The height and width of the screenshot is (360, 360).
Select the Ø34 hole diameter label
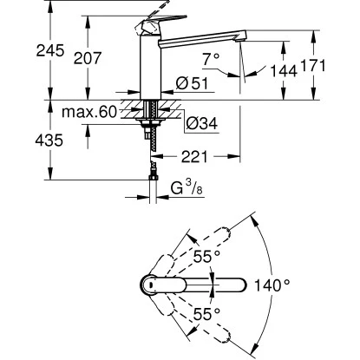pyautogui.click(x=200, y=124)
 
